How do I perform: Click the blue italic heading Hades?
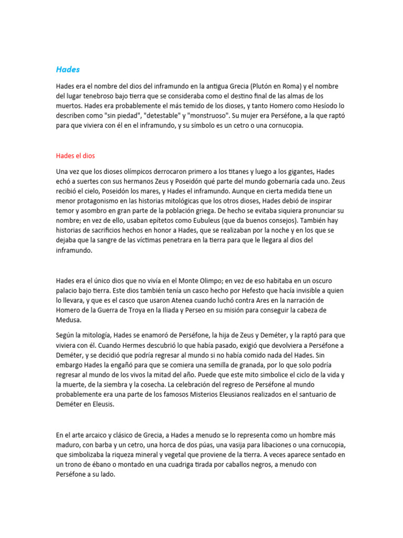pos(68,69)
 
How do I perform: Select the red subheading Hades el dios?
pos(75,156)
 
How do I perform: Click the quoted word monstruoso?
pos(208,116)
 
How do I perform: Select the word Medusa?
pos(69,320)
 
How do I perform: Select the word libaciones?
pos(241,446)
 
